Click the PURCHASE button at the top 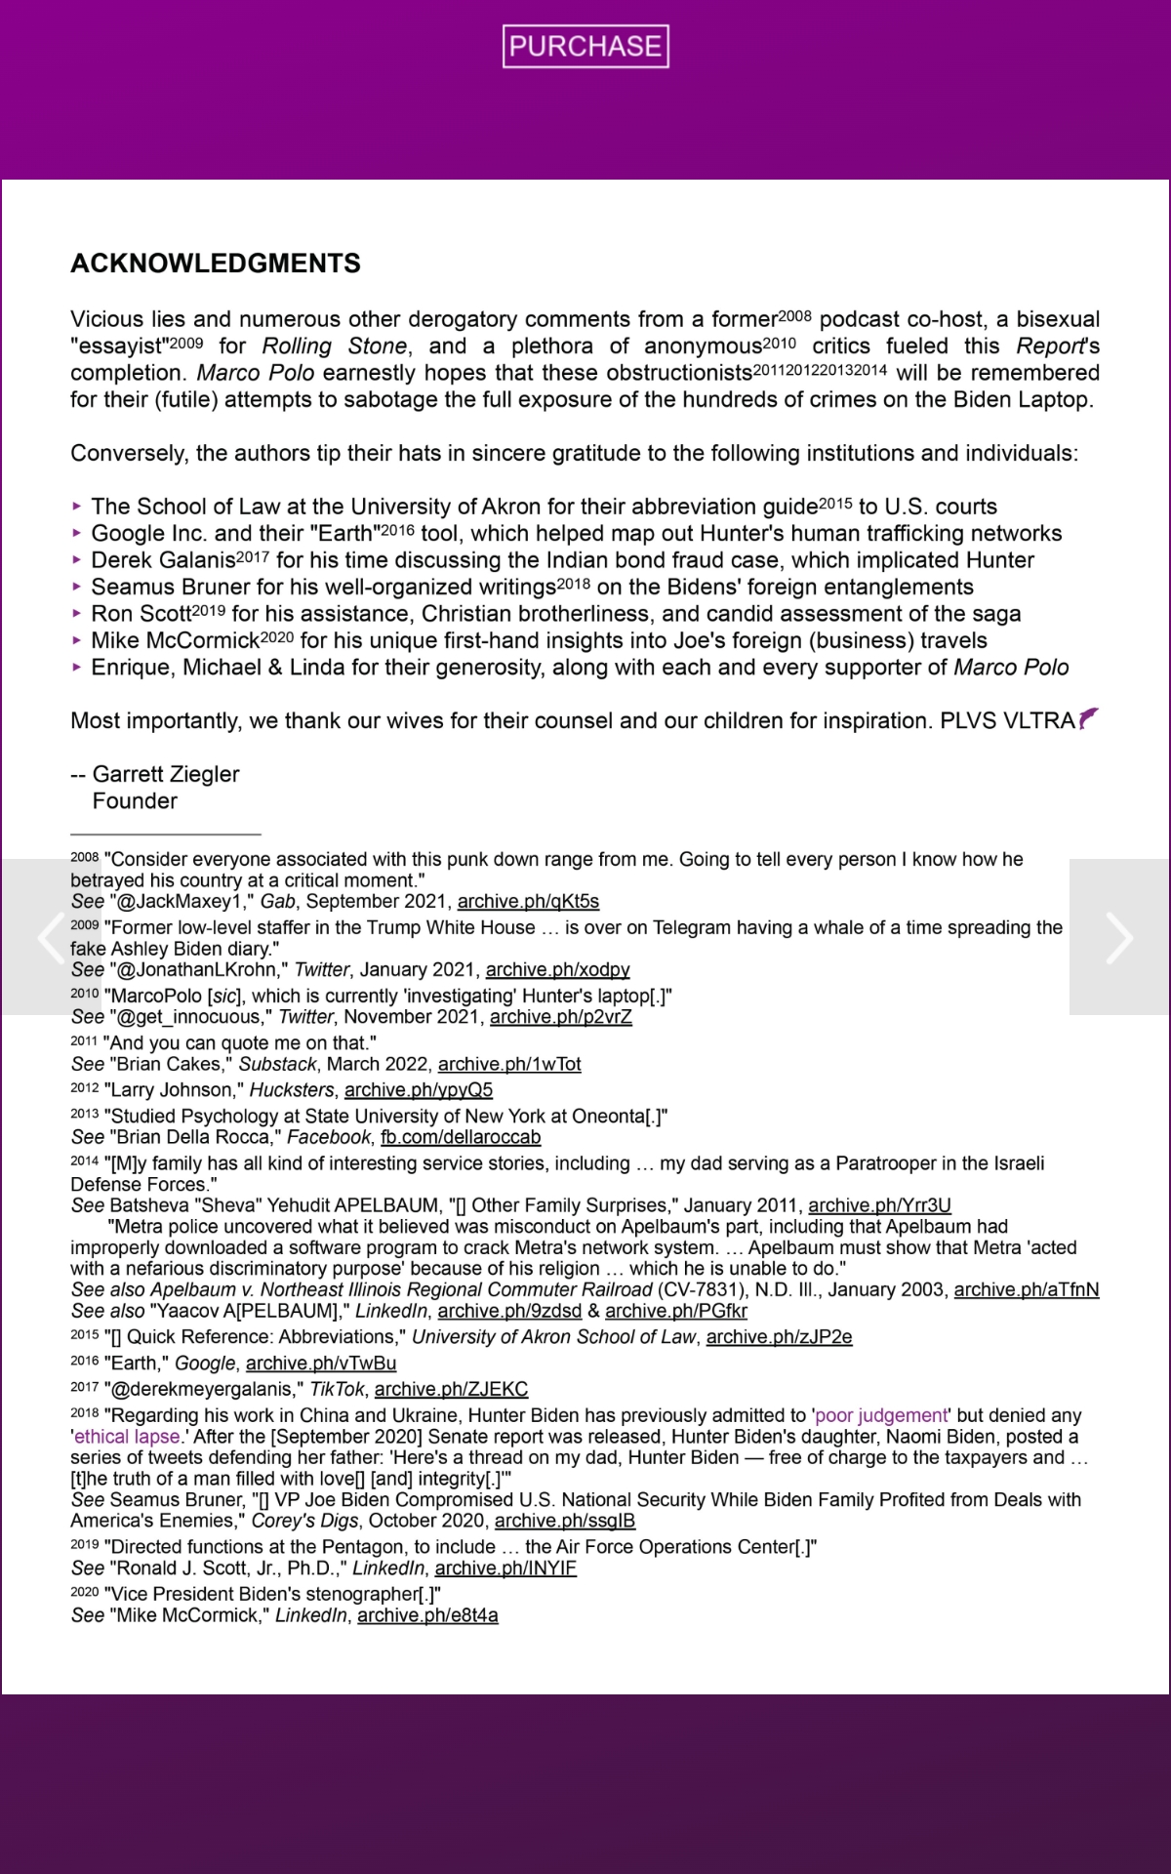coord(585,46)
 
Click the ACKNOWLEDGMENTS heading coord(216,264)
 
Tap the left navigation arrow coord(49,937)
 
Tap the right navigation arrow coord(1119,937)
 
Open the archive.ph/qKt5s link coord(528,901)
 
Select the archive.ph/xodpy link coord(557,969)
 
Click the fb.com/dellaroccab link coord(460,1137)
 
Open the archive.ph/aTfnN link coord(1026,1289)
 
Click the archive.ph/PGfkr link coord(675,1311)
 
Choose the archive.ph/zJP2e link coord(779,1336)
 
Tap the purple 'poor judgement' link coord(881,1415)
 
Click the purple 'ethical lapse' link coord(127,1437)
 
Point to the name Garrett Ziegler coord(166,774)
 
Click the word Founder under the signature coord(135,801)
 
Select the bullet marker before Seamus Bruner coord(77,587)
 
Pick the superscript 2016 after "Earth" coord(397,530)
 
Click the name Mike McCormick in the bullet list coord(175,640)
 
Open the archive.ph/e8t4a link coord(427,1615)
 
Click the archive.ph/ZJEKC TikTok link coord(451,1389)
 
